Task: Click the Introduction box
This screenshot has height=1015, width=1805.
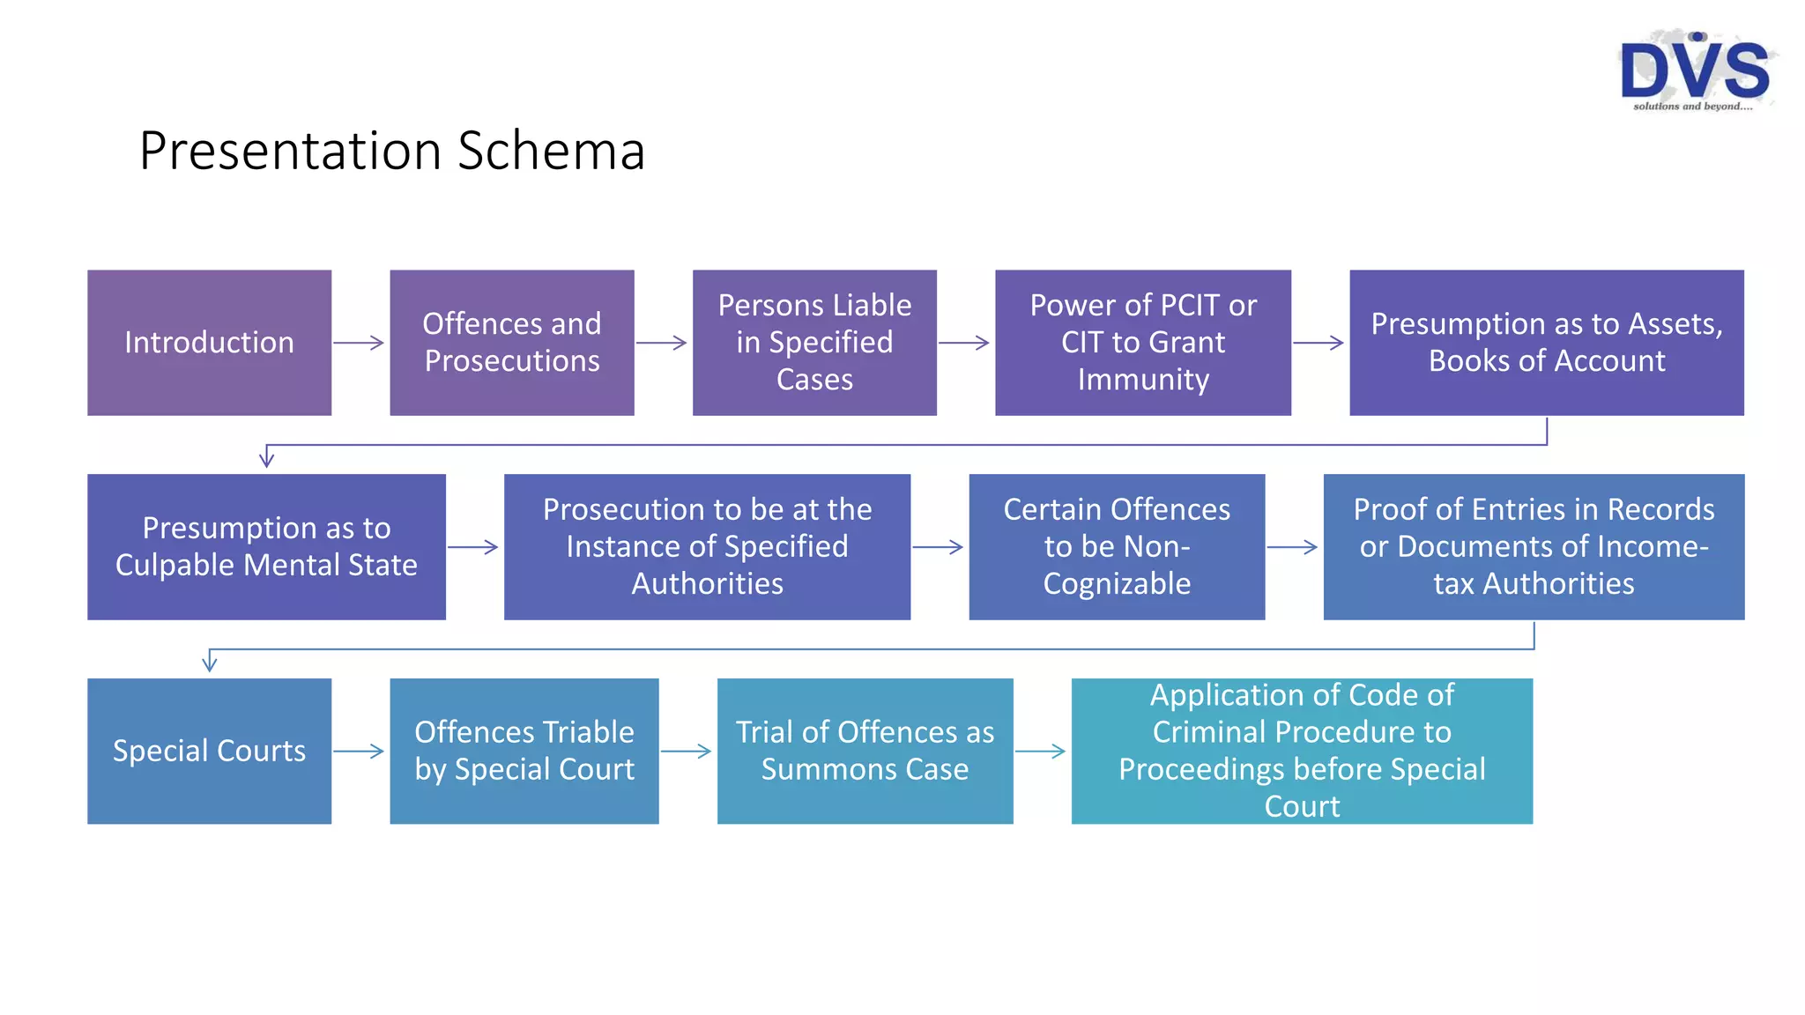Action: (x=209, y=342)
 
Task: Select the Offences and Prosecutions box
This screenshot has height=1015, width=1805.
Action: (x=511, y=342)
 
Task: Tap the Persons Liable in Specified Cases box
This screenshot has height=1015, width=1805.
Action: (x=814, y=342)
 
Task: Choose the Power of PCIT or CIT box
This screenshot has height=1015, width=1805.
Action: (x=1142, y=342)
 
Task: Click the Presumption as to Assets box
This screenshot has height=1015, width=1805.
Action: (x=1546, y=342)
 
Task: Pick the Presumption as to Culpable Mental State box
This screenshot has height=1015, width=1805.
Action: (x=266, y=546)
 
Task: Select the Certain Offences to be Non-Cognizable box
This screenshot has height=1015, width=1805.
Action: (x=1116, y=546)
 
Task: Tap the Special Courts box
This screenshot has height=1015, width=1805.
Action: (x=209, y=751)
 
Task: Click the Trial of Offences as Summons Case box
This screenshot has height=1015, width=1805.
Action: (x=865, y=751)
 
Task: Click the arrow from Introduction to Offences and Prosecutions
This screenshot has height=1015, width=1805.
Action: (x=359, y=343)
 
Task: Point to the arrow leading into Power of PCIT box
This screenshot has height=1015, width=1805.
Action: (x=964, y=343)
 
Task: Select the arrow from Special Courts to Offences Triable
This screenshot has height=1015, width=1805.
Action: (x=359, y=752)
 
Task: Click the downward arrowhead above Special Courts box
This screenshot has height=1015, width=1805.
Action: (x=210, y=663)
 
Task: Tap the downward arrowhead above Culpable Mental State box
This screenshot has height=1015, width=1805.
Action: (x=266, y=458)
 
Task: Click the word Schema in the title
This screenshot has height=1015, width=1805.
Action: (x=551, y=151)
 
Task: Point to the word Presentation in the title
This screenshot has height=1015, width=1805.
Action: (x=290, y=151)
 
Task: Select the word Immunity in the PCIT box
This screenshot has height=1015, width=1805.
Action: (x=1142, y=380)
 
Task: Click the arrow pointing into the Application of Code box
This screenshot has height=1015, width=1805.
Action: (x=1040, y=752)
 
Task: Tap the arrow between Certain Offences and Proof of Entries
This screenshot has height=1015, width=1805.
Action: (x=1292, y=547)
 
